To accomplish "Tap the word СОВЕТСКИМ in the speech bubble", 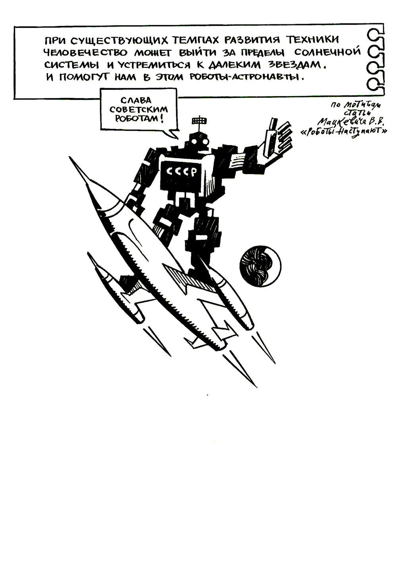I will click(139, 109).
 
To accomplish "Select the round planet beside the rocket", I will click(260, 266).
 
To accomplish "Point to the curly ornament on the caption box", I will click(375, 60).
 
